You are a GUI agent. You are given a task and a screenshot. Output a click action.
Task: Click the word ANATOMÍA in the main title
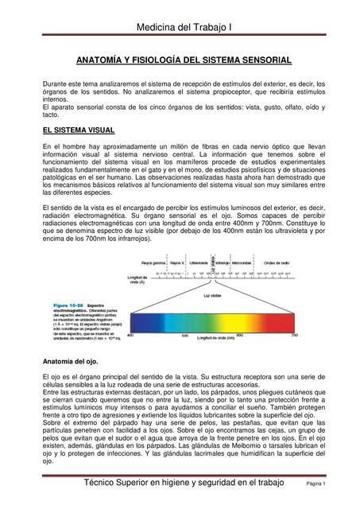coord(100,60)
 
